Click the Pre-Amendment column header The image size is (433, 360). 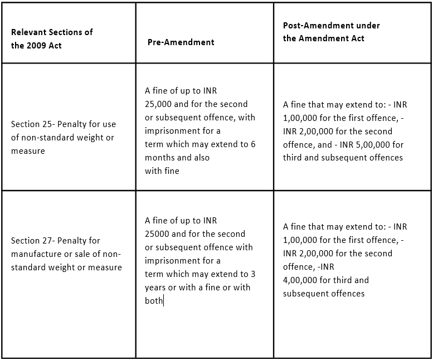coord(181,42)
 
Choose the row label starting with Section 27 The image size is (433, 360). coord(66,254)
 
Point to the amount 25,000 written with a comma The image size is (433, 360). coord(158,104)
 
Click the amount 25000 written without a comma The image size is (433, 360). coord(157,234)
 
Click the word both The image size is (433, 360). coord(153,301)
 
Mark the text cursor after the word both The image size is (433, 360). coord(164,301)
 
